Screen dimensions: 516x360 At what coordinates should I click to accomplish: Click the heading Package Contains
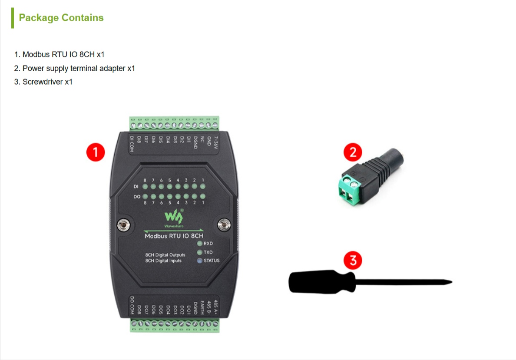pos(61,17)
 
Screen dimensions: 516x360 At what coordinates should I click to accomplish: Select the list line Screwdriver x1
pos(43,82)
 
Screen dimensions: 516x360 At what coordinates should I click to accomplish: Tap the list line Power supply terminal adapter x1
pos(74,68)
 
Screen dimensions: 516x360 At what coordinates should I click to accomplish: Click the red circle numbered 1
pos(96,152)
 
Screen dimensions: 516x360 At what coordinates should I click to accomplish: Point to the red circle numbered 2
pos(353,152)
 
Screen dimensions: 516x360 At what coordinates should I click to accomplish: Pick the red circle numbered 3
pos(353,260)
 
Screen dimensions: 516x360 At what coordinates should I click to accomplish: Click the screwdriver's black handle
pos(322,282)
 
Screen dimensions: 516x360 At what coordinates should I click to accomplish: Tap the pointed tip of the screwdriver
pos(452,282)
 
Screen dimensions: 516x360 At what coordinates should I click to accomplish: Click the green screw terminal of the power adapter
pos(350,189)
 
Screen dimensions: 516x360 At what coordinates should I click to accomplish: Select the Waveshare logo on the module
pos(174,218)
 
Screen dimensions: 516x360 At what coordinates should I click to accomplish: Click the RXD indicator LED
pos(199,244)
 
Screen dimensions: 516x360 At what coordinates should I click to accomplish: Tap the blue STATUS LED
pos(199,261)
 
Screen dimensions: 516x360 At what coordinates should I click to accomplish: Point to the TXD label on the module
pos(208,252)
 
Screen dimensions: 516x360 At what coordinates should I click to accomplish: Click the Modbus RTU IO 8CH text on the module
pos(174,236)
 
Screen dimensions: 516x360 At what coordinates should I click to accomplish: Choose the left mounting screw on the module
pos(124,225)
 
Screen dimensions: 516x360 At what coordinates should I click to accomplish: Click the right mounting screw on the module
pos(224,225)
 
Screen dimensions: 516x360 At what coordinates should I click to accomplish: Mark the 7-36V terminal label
pos(216,142)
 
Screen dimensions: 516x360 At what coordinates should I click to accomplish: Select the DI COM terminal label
pos(132,144)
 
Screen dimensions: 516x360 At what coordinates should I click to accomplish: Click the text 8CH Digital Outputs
pos(165,255)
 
